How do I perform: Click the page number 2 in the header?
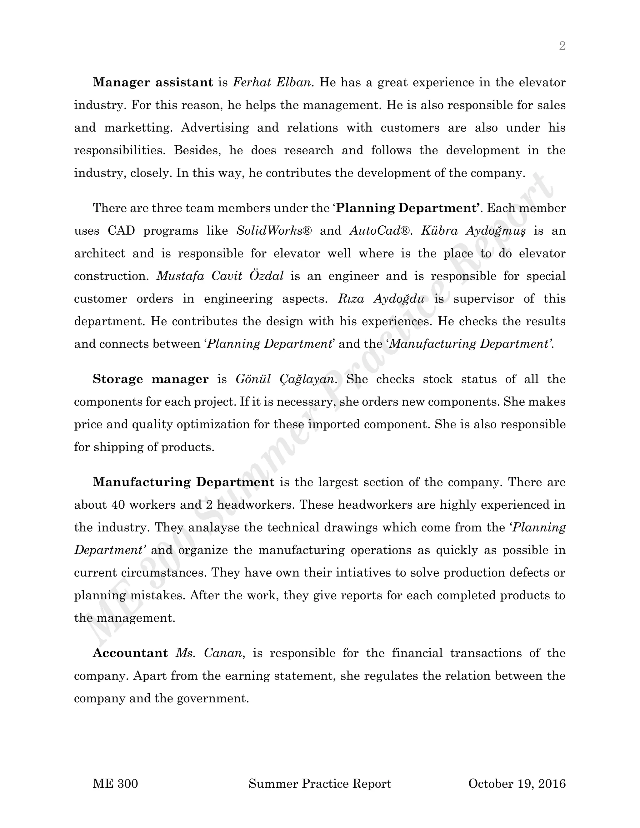click(x=562, y=46)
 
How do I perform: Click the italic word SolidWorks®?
click(x=274, y=231)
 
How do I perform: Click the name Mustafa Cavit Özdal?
click(x=220, y=276)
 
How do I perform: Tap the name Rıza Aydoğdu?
click(x=381, y=299)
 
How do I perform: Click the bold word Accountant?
click(x=130, y=653)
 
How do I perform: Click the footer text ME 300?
click(x=115, y=784)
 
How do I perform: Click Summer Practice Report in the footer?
click(x=320, y=784)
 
